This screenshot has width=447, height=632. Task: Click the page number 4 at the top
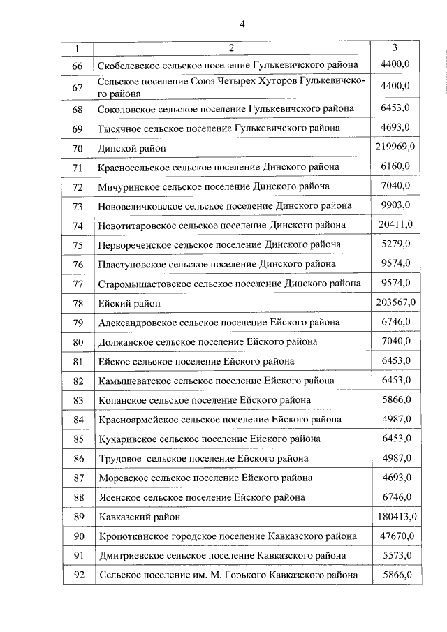242,24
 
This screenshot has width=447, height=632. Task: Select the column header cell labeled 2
230,48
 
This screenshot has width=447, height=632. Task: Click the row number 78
78,303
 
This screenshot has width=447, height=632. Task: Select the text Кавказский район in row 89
140,517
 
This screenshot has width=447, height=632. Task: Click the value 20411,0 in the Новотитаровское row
396,224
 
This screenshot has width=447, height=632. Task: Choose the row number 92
78,575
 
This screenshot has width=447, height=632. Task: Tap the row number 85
78,439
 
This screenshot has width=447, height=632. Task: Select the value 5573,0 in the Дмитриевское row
396,555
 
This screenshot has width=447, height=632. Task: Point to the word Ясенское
119,498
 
